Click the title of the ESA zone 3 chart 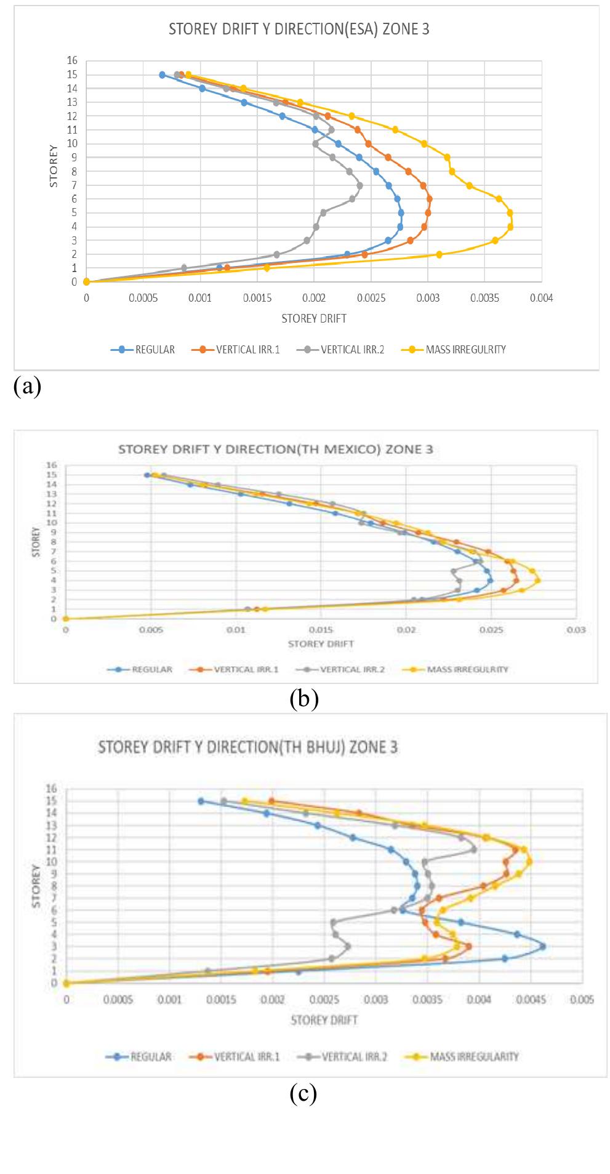coord(299,30)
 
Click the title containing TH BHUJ coord(247,747)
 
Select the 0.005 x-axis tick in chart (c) coord(582,1000)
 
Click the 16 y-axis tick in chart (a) coord(73,60)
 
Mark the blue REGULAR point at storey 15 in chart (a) coord(163,74)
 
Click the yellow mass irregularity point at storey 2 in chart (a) coord(439,254)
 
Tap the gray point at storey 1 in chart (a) coord(184,268)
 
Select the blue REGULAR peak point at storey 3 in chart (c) coord(542,947)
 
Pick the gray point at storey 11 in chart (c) coord(474,850)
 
